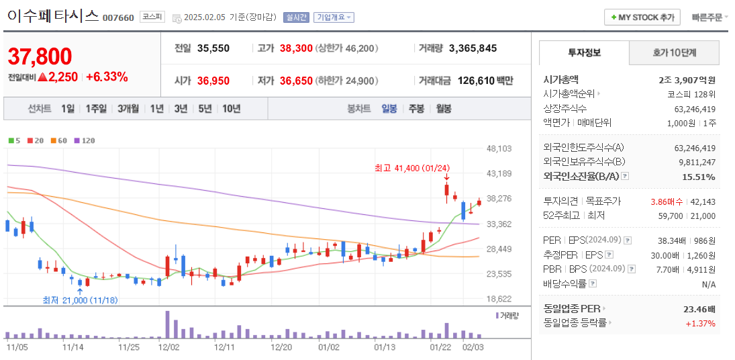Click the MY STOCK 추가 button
(642, 17)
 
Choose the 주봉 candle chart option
(416, 108)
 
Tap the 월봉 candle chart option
(443, 108)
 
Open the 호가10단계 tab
(674, 52)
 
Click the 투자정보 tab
(584, 52)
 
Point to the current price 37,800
(40, 57)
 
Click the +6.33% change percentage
(107, 77)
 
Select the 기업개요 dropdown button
(334, 17)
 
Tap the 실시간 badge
(296, 17)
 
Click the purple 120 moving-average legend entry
(85, 140)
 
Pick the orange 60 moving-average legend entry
(59, 140)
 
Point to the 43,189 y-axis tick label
(499, 173)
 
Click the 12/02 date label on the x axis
(168, 347)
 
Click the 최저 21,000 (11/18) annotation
(80, 300)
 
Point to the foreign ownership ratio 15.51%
(698, 177)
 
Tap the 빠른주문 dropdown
(709, 17)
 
